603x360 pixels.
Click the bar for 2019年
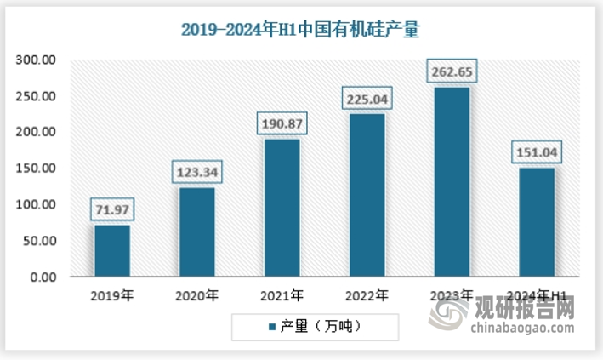click(x=112, y=250)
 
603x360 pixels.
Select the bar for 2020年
click(x=196, y=231)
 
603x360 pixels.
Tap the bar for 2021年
click(x=282, y=208)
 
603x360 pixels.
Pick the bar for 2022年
click(x=367, y=195)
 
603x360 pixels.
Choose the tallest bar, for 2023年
click(x=452, y=181)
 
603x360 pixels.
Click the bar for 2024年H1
click(x=537, y=222)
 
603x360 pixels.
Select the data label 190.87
click(x=282, y=124)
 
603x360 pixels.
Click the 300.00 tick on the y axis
click(x=35, y=60)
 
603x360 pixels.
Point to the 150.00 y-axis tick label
click(x=35, y=169)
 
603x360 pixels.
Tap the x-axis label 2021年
click(x=282, y=296)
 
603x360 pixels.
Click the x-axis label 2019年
click(x=112, y=296)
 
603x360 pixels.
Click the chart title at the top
click(x=300, y=30)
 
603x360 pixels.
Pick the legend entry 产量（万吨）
click(x=314, y=327)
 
